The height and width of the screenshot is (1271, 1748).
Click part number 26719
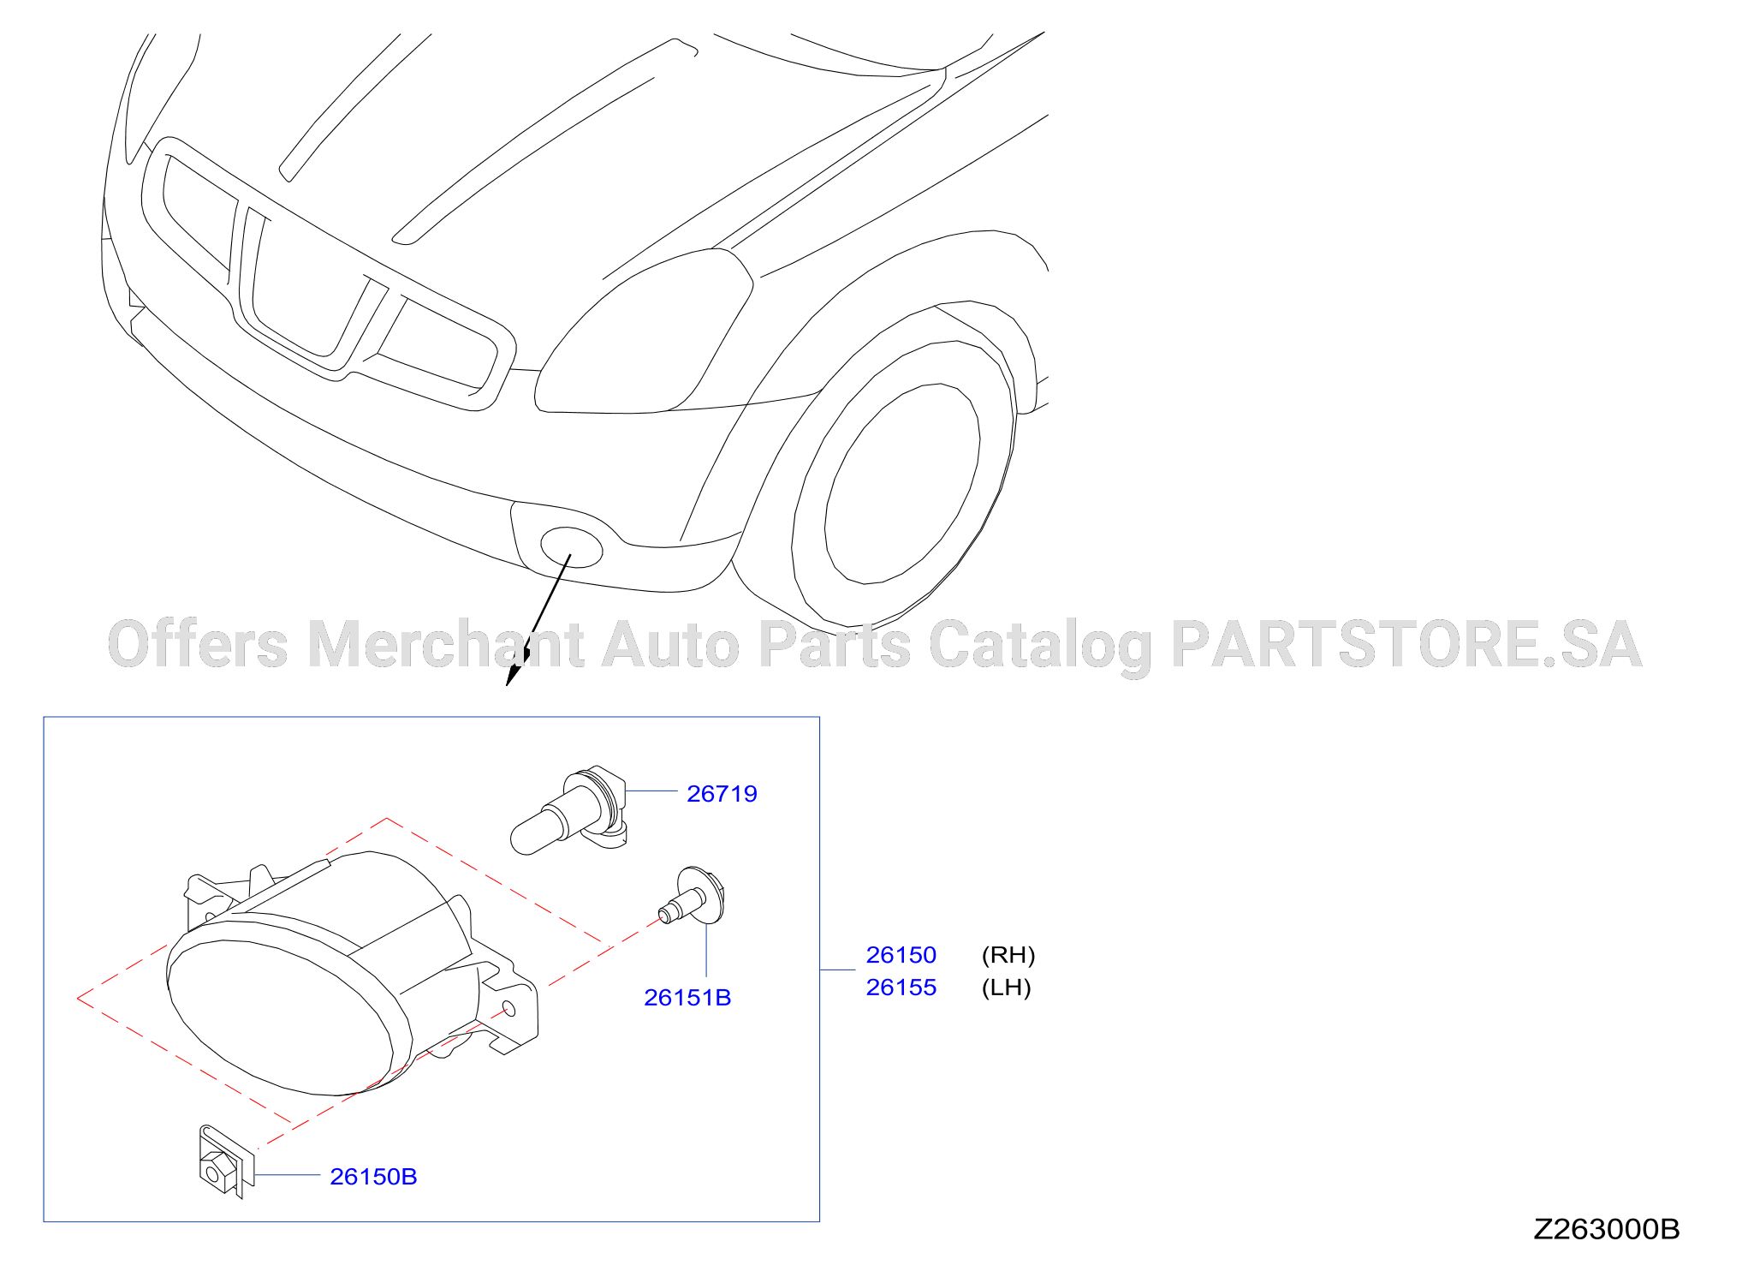[x=722, y=794]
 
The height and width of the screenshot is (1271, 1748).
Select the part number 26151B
[x=687, y=998]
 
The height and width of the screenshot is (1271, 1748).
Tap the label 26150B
[x=373, y=1177]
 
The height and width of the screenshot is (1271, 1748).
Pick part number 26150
[x=901, y=955]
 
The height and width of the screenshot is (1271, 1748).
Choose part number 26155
[x=901, y=988]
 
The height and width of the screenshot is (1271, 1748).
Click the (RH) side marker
[x=1008, y=955]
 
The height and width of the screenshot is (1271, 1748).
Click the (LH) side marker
[x=1006, y=988]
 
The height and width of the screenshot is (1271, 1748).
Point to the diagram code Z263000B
[x=1606, y=1229]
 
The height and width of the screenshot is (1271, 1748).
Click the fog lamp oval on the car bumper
[x=572, y=547]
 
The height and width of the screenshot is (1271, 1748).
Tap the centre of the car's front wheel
[x=902, y=484]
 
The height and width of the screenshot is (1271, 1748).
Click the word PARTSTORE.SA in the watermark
[x=1406, y=645]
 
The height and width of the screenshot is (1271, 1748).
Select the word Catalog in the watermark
[x=1041, y=647]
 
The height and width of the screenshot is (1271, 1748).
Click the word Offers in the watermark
[x=199, y=644]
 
